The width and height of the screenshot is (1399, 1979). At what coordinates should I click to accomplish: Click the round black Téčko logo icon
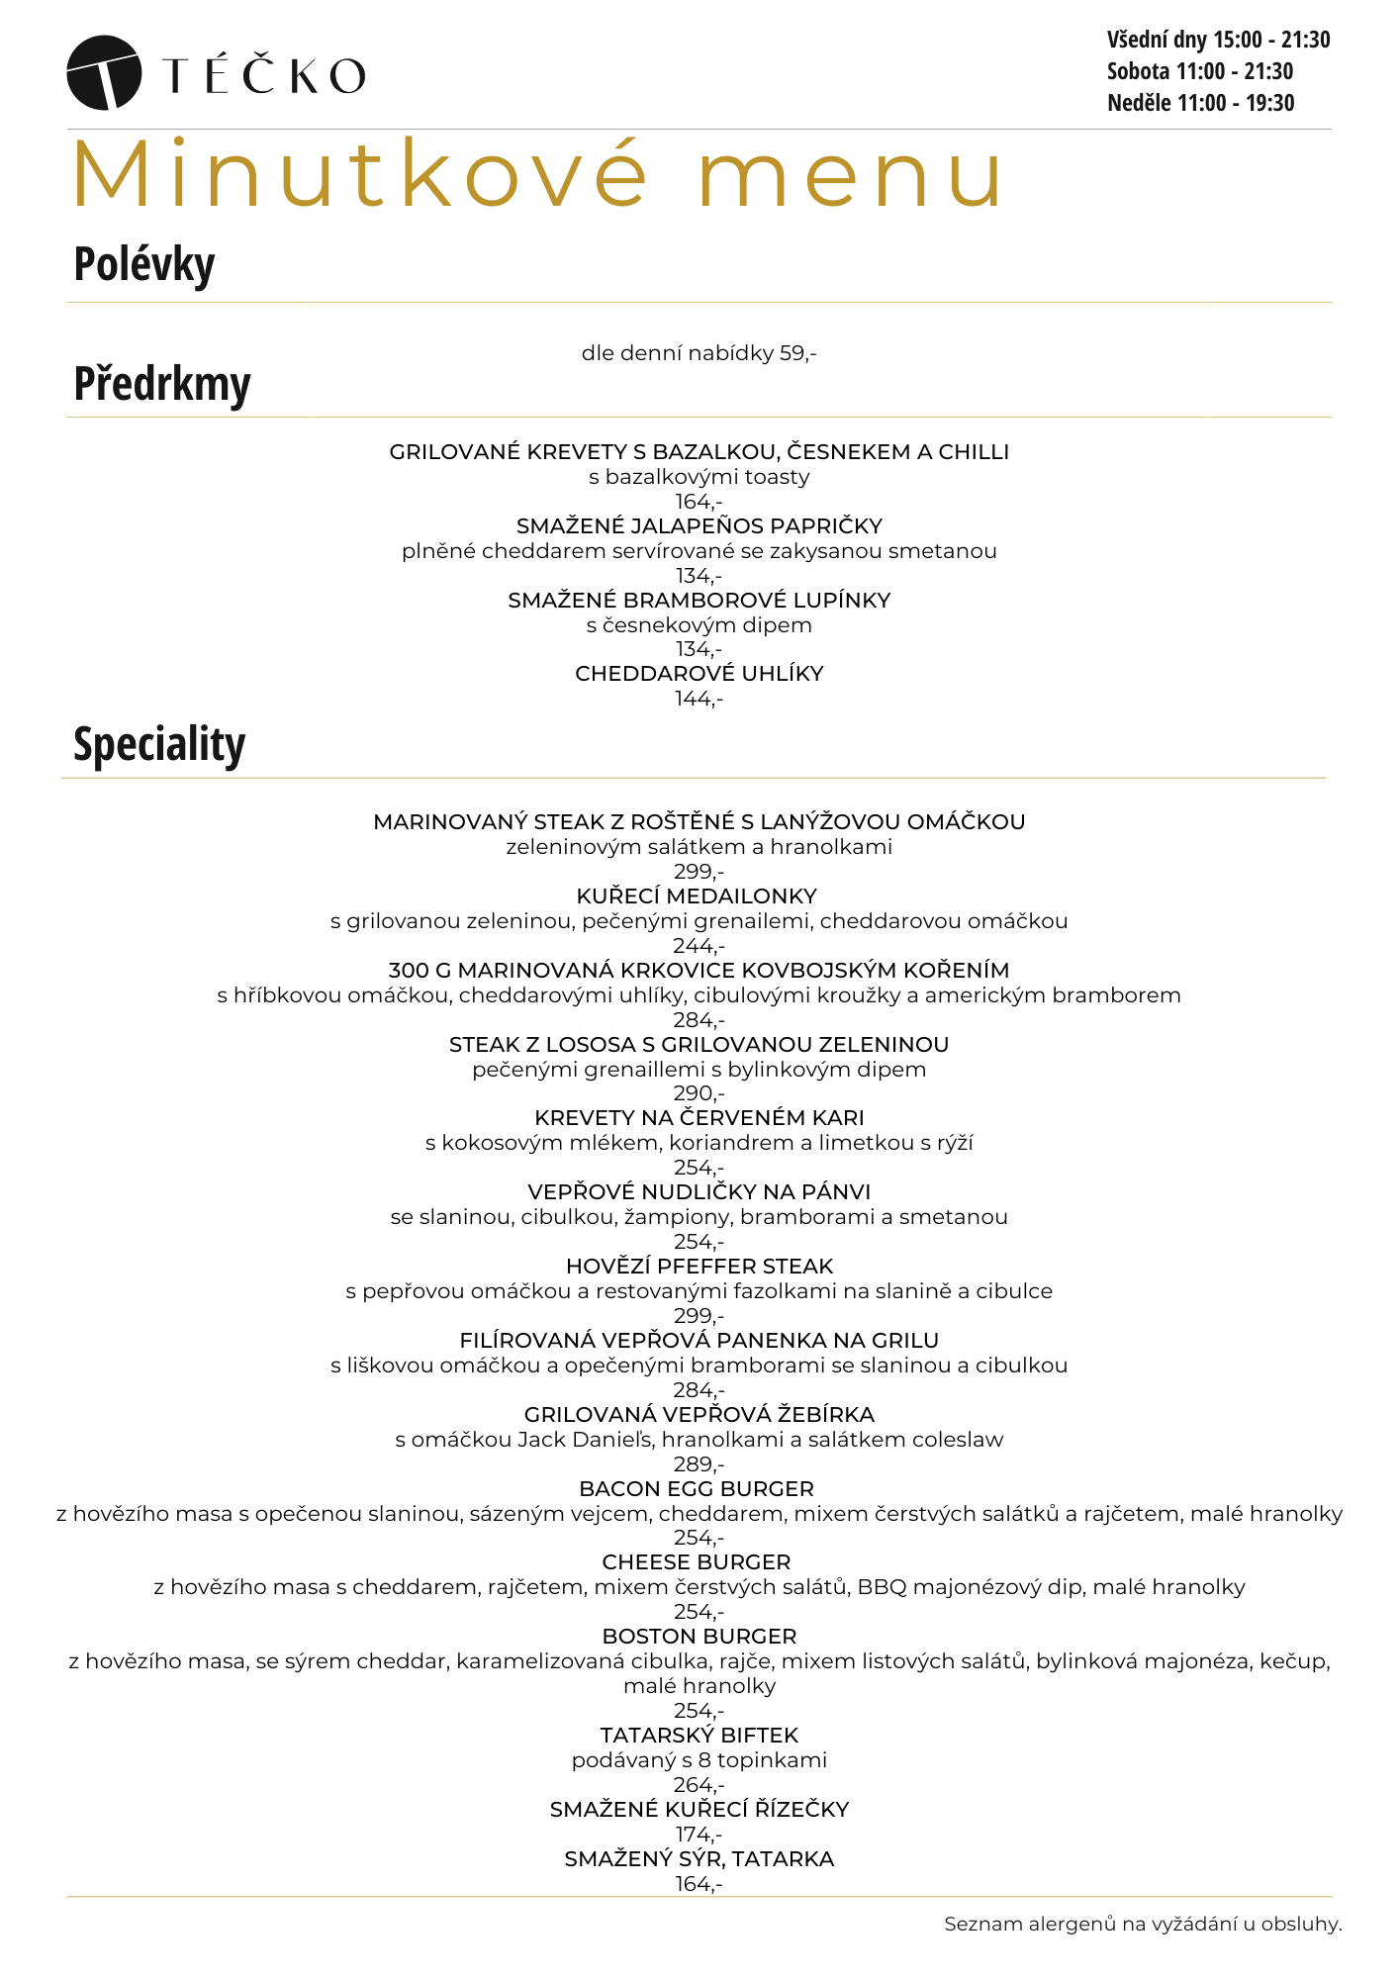tap(103, 72)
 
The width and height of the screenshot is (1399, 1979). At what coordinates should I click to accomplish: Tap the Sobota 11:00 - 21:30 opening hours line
tap(1200, 71)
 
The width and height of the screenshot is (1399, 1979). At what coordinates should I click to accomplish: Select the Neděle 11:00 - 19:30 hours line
tap(1200, 103)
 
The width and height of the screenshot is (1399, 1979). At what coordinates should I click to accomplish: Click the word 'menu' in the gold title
tap(851, 175)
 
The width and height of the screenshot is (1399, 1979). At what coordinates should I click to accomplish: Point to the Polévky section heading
tap(144, 265)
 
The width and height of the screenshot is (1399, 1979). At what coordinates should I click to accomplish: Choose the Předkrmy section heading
tap(162, 384)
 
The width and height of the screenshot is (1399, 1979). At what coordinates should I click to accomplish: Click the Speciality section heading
tap(159, 744)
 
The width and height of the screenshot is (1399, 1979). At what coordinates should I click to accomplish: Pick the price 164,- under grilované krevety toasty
tap(699, 502)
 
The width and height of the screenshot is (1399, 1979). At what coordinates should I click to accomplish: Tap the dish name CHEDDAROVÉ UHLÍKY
tap(699, 674)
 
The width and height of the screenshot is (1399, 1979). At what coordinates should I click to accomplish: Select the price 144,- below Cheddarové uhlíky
tap(699, 699)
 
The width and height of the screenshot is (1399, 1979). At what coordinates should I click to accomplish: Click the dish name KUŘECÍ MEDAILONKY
tap(697, 896)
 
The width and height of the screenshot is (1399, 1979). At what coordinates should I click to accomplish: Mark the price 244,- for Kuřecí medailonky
tap(699, 946)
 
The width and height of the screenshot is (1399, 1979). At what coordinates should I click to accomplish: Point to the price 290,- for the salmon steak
tap(699, 1093)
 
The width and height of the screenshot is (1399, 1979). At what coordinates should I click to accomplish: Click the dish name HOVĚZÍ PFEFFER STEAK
tap(699, 1267)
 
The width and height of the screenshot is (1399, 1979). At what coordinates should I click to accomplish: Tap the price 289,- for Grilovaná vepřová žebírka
tap(699, 1464)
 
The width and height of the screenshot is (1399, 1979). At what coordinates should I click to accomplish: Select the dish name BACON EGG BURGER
tap(697, 1489)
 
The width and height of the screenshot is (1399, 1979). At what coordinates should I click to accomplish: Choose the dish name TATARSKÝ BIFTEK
tap(699, 1736)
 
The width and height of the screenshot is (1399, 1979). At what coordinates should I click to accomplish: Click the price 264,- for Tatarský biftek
tap(699, 1785)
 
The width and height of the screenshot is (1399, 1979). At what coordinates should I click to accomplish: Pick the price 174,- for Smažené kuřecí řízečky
tap(699, 1835)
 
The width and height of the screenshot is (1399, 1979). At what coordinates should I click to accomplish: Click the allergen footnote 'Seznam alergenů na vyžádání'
tap(1143, 1925)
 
